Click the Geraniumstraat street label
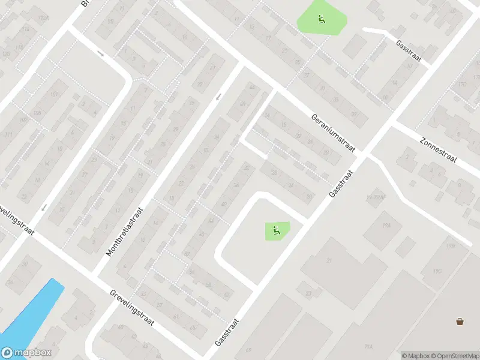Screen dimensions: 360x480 [x=334, y=132]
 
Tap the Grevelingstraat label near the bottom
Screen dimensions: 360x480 [x=132, y=307]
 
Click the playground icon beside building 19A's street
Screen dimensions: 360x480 [x=276, y=229]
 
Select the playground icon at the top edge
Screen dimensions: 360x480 [x=322, y=20]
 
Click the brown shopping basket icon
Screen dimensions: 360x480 [x=460, y=321]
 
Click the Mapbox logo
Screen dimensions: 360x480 [x=26, y=353]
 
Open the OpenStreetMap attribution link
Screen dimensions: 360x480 [x=455, y=355]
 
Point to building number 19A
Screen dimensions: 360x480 [x=386, y=224]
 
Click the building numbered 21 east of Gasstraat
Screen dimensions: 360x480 [x=329, y=260]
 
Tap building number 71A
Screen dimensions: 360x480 [x=368, y=347]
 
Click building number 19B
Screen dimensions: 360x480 [x=449, y=246]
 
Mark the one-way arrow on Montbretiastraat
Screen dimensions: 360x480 [x=219, y=96]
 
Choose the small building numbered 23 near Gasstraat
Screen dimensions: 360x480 [x=308, y=293]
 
